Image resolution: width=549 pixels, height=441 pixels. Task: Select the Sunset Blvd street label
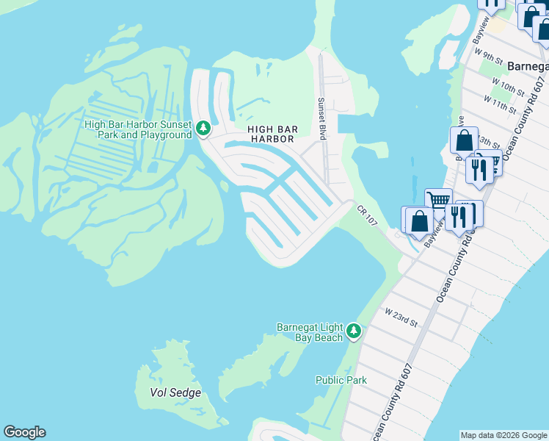click(x=321, y=119)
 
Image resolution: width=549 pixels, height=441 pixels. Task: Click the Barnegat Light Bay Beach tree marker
click(x=354, y=331)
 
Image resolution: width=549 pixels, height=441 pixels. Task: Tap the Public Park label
click(x=341, y=380)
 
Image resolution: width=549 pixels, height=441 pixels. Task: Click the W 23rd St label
click(x=401, y=318)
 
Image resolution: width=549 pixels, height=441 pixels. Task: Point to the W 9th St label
click(x=488, y=57)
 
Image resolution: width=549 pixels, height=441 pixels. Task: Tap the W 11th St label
click(x=500, y=104)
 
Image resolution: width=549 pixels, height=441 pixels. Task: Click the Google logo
click(x=24, y=432)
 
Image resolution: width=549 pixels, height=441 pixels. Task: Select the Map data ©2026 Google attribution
click(x=503, y=435)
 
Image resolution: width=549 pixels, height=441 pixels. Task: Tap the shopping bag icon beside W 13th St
click(x=464, y=140)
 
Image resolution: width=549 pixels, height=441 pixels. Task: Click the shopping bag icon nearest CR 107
click(x=418, y=220)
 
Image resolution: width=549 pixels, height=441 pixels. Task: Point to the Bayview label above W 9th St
click(x=480, y=33)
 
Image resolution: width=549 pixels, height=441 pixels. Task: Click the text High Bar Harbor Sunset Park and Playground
click(x=138, y=129)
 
